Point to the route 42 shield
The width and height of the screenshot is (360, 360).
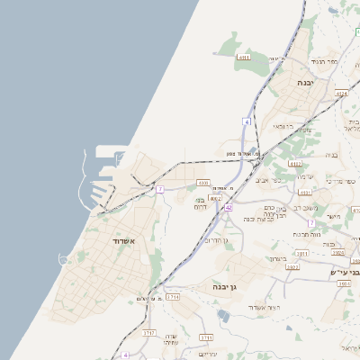tap(229, 207)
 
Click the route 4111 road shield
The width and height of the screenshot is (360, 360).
tap(244, 58)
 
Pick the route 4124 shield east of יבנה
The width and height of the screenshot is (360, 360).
tap(341, 94)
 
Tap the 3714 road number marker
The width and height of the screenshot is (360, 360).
tap(173, 296)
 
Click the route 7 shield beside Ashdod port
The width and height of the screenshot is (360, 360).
tap(160, 189)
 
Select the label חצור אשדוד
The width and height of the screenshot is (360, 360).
tap(267, 306)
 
